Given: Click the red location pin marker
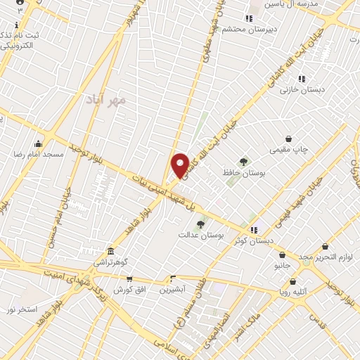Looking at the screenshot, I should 181,165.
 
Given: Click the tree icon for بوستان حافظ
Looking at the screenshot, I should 244,161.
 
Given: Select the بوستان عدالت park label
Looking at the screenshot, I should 200,235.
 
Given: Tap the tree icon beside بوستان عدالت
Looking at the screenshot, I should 200,224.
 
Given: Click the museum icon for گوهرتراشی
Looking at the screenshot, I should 110,251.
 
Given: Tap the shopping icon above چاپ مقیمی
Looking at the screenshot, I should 288,139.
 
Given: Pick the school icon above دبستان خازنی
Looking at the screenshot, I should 301,79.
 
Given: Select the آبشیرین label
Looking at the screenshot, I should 172,289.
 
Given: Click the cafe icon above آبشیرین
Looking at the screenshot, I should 172,278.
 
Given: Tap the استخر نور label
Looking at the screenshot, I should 22,309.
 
